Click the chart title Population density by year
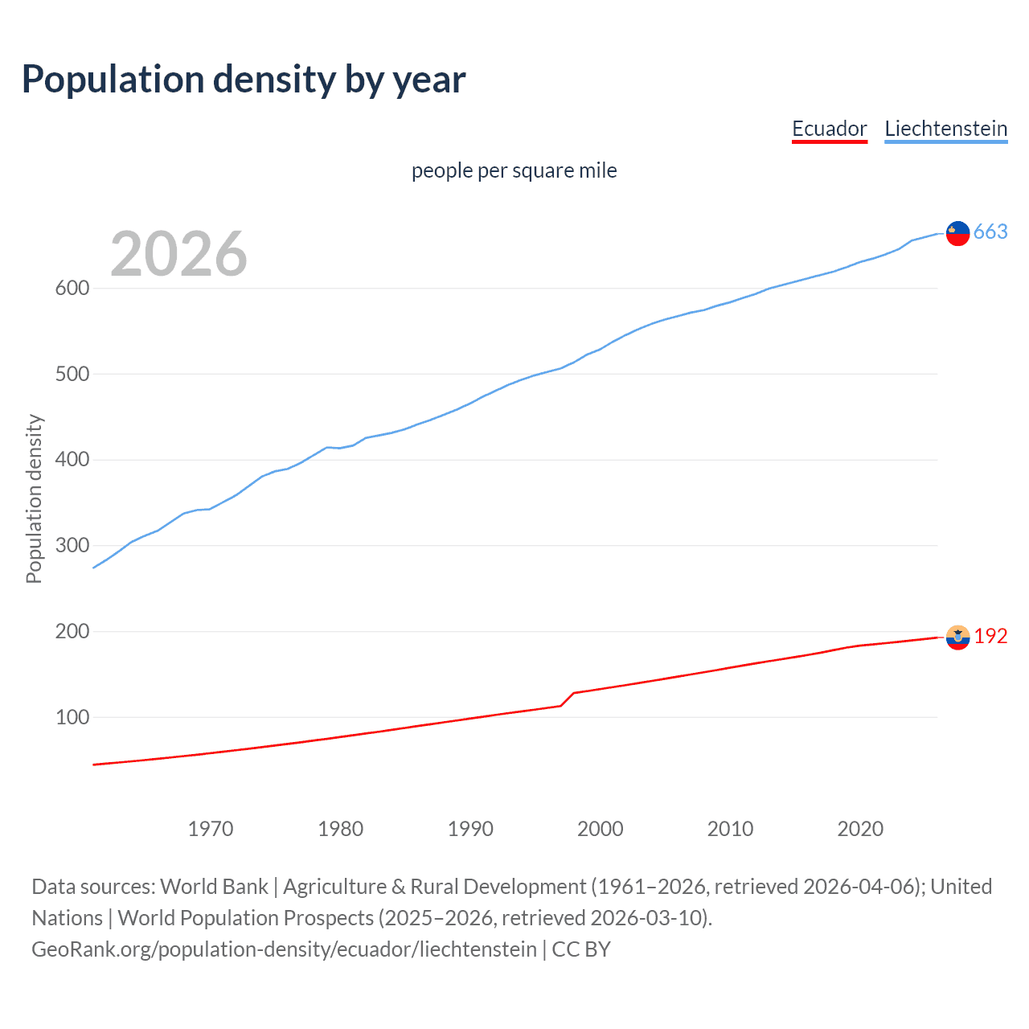click(x=244, y=80)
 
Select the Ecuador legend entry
click(x=829, y=129)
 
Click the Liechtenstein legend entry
click(x=945, y=129)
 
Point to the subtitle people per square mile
click(x=514, y=170)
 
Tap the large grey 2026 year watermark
click(x=178, y=254)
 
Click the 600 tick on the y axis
click(x=72, y=288)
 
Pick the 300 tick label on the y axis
click(x=72, y=545)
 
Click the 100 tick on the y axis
click(x=72, y=717)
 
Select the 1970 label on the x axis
click(x=211, y=829)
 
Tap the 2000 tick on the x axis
click(x=600, y=829)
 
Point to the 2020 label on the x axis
click(x=860, y=829)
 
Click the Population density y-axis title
click(x=34, y=498)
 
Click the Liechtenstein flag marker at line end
click(x=957, y=233)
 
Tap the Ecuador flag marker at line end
click(x=957, y=637)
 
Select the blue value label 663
click(x=990, y=232)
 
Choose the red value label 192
click(x=990, y=637)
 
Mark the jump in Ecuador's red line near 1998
click(x=568, y=699)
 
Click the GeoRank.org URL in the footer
click(x=284, y=949)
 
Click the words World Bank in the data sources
click(x=214, y=887)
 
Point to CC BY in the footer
click(x=581, y=949)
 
